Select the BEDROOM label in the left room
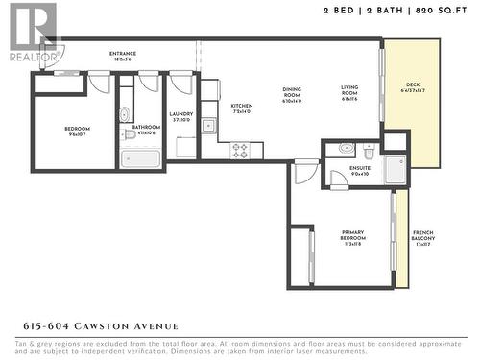pos(77,132)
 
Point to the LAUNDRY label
pos(180,116)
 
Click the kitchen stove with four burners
pos(239,151)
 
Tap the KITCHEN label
pos(240,108)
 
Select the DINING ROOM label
pos(292,93)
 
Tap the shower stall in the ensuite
pos(395,169)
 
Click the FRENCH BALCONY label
pos(422,237)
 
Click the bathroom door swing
pos(147,83)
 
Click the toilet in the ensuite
pos(369,150)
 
